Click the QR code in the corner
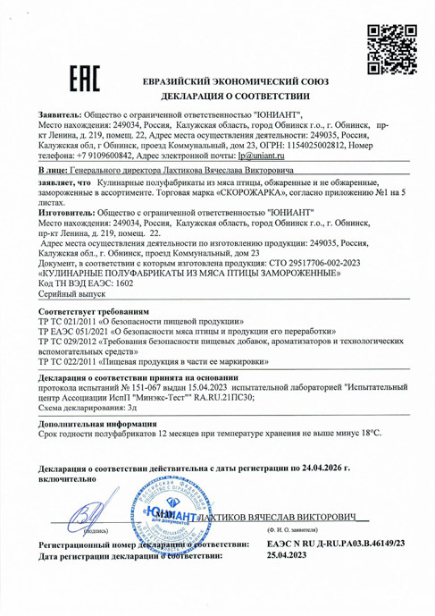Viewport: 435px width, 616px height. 389,43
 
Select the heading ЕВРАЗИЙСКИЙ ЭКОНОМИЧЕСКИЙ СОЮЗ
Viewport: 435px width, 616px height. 236,80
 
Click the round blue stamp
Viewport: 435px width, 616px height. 168,519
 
